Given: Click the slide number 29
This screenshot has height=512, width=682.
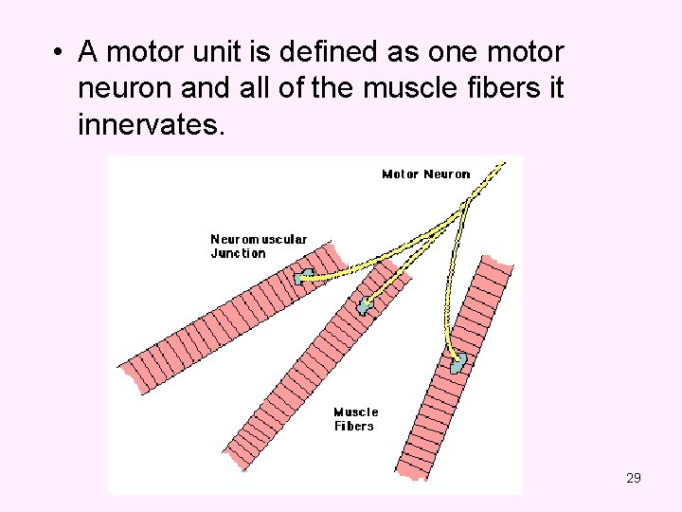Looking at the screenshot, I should pyautogui.click(x=634, y=478).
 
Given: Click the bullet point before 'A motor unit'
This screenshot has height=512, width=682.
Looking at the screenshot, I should pyautogui.click(x=59, y=52).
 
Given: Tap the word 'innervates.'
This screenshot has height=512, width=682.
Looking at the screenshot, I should pyautogui.click(x=153, y=124).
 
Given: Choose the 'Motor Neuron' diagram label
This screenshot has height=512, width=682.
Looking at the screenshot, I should pyautogui.click(x=425, y=174).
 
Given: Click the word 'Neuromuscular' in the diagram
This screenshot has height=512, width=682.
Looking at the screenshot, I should pyautogui.click(x=259, y=240).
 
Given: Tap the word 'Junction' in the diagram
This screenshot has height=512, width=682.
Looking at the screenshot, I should pyautogui.click(x=238, y=253).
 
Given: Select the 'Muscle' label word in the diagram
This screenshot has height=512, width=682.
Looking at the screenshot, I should pyautogui.click(x=355, y=411).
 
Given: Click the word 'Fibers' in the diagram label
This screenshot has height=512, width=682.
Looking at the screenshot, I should pyautogui.click(x=353, y=426).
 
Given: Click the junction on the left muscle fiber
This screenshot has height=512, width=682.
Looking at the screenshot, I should pyautogui.click(x=304, y=277).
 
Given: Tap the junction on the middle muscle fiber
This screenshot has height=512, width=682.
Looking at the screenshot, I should pyautogui.click(x=366, y=305).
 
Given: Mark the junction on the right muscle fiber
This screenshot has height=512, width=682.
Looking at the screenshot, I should pyautogui.click(x=458, y=362).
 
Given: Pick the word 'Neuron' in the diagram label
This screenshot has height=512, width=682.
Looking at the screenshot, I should pyautogui.click(x=447, y=174).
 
